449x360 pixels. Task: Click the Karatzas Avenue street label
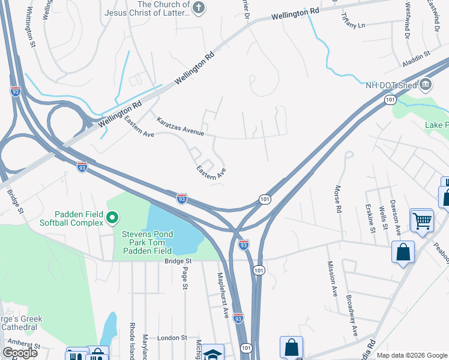(x=181, y=126)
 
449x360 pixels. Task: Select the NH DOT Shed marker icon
(x=426, y=84)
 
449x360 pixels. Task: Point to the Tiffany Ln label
(x=352, y=22)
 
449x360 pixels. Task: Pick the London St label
(x=173, y=338)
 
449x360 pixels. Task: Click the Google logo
(x=20, y=353)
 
